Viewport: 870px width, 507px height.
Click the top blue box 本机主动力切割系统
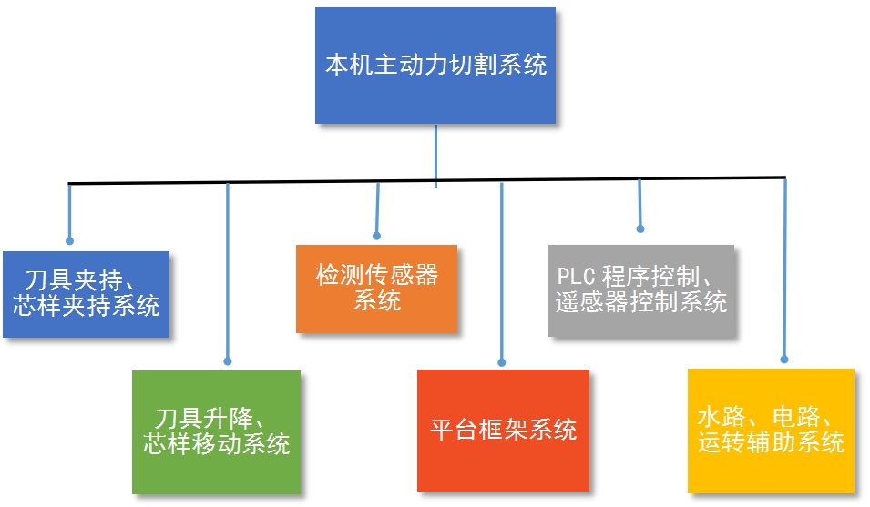(435, 66)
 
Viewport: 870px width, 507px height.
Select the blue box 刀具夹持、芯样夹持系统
(87, 294)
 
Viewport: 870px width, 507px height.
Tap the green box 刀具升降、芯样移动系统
(216, 432)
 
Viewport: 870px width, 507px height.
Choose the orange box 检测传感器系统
(376, 288)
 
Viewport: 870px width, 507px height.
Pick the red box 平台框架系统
(503, 430)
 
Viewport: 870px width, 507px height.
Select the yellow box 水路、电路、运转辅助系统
(771, 430)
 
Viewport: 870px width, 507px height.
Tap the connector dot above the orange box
(375, 234)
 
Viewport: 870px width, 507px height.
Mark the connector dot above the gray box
(640, 228)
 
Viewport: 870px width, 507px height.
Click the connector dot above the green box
(227, 360)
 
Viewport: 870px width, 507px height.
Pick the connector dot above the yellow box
(784, 360)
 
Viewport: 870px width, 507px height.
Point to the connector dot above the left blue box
(69, 240)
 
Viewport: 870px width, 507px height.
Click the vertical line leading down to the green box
(227, 273)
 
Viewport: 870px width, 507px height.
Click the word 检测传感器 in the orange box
(376, 275)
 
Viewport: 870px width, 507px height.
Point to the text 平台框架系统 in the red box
(503, 430)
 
